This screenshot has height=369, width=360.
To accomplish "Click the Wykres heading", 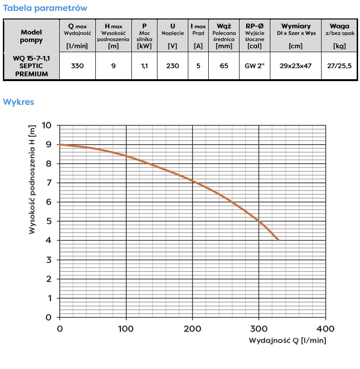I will coord(18,101).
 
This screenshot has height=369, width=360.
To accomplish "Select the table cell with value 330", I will coord(77,66).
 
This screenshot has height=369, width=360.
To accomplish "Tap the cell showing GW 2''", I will coord(255,66).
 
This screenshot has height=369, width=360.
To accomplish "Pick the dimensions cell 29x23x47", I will coord(295,66).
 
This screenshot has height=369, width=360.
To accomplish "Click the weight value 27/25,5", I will coord(340,66).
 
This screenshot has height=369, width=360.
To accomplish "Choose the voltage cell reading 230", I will coord(173,66).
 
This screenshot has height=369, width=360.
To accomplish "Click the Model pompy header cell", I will coord(31,36).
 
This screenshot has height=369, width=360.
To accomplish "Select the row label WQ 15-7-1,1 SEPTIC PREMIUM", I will coord(31,66).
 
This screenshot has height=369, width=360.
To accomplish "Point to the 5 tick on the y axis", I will coord(49,221).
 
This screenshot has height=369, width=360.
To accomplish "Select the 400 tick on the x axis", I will coord(325,329).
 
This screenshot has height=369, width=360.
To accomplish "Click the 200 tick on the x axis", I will coord(192,329).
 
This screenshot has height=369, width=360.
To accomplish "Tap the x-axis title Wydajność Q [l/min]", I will coord(287,341).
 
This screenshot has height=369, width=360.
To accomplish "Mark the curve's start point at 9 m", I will coord(60,145).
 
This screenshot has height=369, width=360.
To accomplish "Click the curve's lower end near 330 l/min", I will coord(278,240).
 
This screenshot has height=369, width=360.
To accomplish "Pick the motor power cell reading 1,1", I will coord(144,66).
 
